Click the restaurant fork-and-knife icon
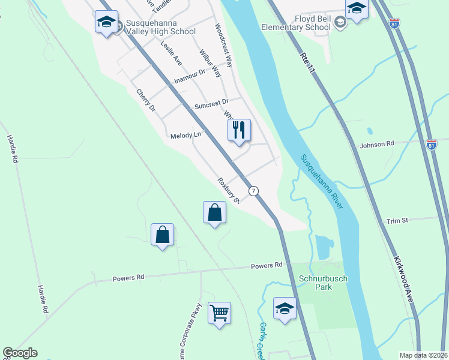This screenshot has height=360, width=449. (x=239, y=130)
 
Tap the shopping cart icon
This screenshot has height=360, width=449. (x=219, y=313)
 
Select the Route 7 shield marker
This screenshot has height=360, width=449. (x=255, y=191)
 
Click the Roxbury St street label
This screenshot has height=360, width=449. (x=229, y=190)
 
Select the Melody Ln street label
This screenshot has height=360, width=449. (x=185, y=136)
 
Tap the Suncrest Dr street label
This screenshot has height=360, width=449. (x=211, y=105)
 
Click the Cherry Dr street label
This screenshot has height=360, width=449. (x=146, y=100)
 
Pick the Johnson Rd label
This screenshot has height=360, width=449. (x=376, y=144)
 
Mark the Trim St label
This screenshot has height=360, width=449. (x=397, y=221)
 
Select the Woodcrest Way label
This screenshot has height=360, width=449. (x=223, y=46)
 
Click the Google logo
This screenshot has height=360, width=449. (x=20, y=353)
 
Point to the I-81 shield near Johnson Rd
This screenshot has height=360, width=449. (x=431, y=145)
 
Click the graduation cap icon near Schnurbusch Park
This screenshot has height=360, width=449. (x=285, y=308)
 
